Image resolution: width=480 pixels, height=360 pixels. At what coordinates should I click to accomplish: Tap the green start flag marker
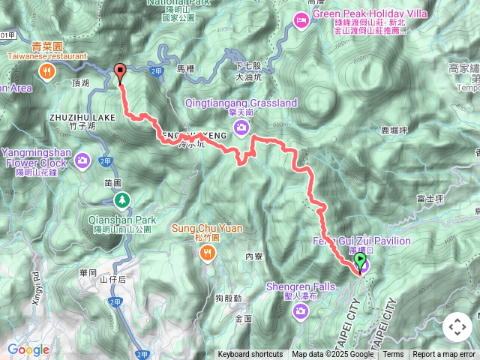click(x=360, y=262)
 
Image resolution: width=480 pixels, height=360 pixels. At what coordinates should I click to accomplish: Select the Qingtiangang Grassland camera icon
click(x=241, y=128)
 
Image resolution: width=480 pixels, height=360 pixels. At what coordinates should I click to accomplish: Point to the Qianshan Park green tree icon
click(x=121, y=199)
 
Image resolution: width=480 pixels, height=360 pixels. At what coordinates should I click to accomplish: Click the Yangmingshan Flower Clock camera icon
click(x=82, y=160)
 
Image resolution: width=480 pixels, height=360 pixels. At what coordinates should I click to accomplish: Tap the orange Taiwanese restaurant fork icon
click(x=47, y=71)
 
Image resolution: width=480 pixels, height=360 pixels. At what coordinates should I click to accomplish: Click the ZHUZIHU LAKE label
click(x=82, y=118)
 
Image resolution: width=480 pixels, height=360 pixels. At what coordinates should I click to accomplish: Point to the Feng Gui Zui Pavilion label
click(x=361, y=241)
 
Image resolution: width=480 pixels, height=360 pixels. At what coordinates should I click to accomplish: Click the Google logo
click(x=28, y=349)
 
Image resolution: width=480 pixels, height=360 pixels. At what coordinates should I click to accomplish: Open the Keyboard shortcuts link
click(x=250, y=355)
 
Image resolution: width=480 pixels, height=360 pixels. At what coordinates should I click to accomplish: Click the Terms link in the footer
click(x=393, y=355)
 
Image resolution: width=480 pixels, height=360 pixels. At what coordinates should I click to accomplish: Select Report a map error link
click(x=444, y=355)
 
